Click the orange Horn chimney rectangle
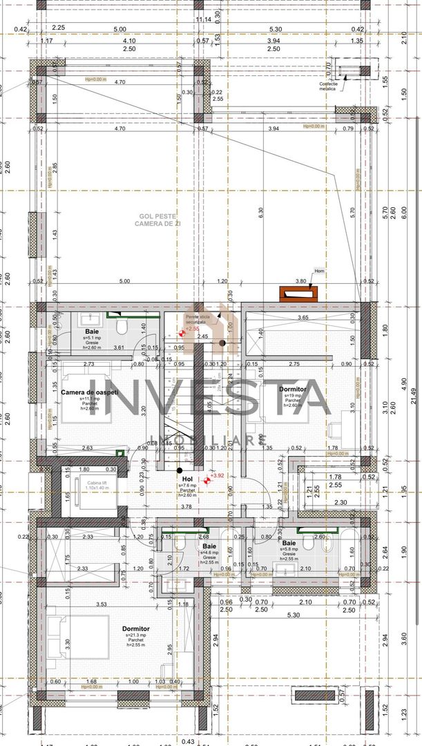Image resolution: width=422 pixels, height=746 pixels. click(299, 294)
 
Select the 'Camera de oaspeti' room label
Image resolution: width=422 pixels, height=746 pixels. click(90, 392)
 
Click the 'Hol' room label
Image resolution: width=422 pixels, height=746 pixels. click(187, 478)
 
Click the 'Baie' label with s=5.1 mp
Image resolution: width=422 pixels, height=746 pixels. click(93, 332)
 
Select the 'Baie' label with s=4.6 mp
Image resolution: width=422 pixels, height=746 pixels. click(209, 546)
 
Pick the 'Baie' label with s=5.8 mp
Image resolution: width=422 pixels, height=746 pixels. click(289, 544)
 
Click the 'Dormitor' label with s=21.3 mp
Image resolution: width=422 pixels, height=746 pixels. click(135, 629)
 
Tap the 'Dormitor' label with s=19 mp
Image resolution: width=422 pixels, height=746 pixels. click(293, 390)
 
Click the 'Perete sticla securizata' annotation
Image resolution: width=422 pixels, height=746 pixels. click(195, 319)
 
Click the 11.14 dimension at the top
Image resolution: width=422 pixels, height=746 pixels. click(204, 19)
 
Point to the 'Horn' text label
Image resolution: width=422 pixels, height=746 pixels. click(318, 271)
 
